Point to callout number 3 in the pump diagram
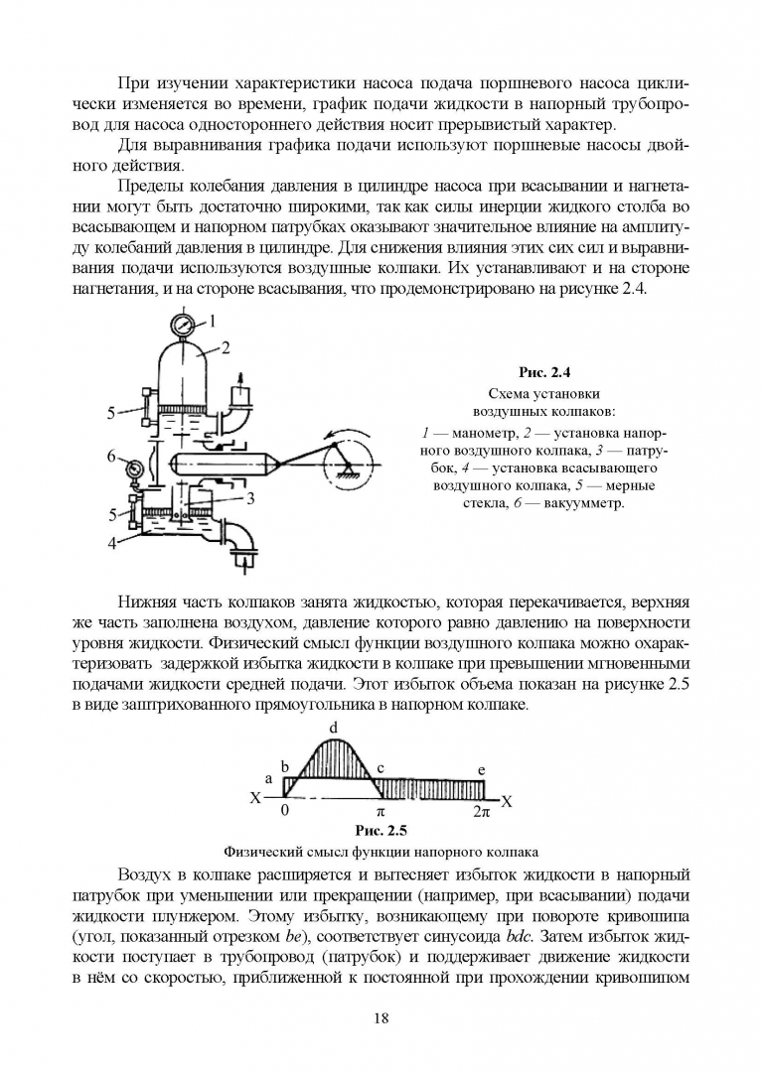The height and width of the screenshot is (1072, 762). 252,497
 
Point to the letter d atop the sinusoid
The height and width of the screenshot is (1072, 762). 333,728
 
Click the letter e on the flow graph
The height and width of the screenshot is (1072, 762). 481,770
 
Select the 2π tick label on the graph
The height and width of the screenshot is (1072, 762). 481,812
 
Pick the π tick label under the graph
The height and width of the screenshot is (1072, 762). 380,812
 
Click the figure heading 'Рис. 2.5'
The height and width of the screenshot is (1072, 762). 381,831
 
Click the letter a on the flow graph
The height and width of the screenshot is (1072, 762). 268,779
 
